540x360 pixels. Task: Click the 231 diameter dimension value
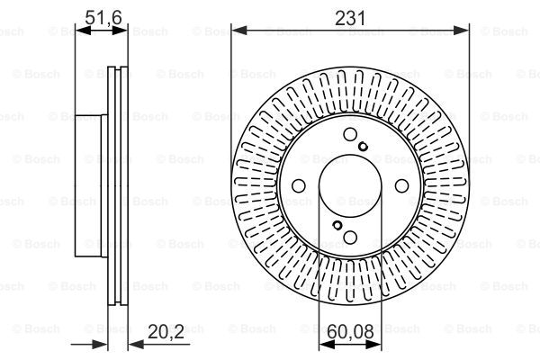tap(350, 18)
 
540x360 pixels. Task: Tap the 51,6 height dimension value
tap(103, 17)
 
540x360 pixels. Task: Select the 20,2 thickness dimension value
tap(166, 331)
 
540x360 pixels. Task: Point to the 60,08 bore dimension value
tap(350, 332)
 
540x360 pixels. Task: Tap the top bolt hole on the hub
tap(350, 134)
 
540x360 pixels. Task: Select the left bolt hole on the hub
tap(299, 186)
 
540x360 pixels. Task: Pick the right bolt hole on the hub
tap(401, 186)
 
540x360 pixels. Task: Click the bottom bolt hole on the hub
tap(350, 237)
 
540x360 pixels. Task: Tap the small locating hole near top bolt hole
tap(363, 147)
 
